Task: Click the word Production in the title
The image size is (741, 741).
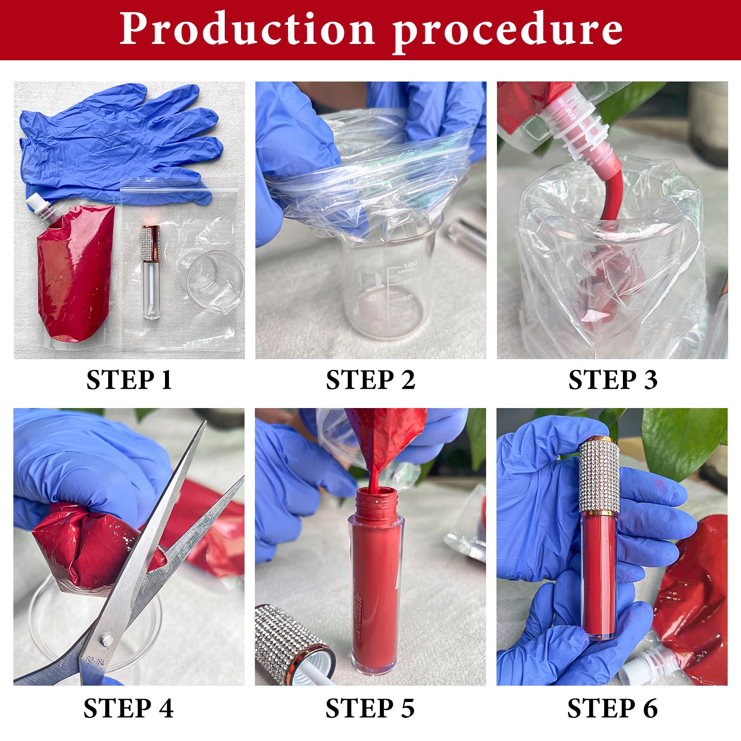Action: (x=247, y=30)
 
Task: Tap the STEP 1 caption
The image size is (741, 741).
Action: (x=129, y=380)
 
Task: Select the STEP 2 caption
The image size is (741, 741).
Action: (x=370, y=380)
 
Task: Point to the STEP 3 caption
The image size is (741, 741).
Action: (x=613, y=380)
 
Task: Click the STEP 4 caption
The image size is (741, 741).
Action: (x=128, y=708)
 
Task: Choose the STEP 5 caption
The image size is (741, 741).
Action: (x=370, y=708)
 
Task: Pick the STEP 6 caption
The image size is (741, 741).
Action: (x=612, y=708)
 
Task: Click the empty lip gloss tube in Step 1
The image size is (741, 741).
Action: (x=151, y=272)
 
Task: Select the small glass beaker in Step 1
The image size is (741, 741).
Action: (x=215, y=279)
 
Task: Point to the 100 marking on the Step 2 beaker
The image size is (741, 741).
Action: (x=410, y=265)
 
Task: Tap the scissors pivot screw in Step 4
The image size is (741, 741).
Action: (x=106, y=640)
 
